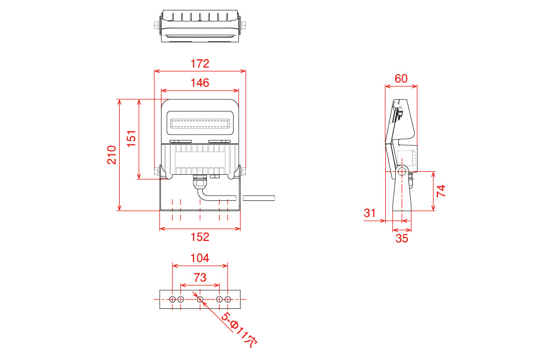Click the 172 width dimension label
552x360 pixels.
(200, 64)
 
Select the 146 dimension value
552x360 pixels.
(200, 82)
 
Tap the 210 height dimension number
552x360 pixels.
(112, 155)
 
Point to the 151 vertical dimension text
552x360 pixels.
(131, 139)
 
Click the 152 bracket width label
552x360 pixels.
(200, 237)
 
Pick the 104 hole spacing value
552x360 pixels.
(200, 258)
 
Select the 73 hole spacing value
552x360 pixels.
(200, 278)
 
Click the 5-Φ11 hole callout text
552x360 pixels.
(239, 330)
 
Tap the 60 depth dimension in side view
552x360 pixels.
(401, 78)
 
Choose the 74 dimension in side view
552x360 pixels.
(441, 190)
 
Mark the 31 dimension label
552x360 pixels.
(370, 213)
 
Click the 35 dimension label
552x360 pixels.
(402, 239)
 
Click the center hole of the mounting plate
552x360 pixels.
(200, 300)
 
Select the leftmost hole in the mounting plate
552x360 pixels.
(173, 300)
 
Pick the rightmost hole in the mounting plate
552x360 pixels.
(227, 300)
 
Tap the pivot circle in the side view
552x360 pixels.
(402, 172)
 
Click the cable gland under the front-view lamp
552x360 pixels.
(200, 183)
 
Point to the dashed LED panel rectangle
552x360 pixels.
(200, 124)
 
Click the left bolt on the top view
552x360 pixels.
(157, 26)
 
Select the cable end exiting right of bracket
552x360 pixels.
(259, 198)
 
